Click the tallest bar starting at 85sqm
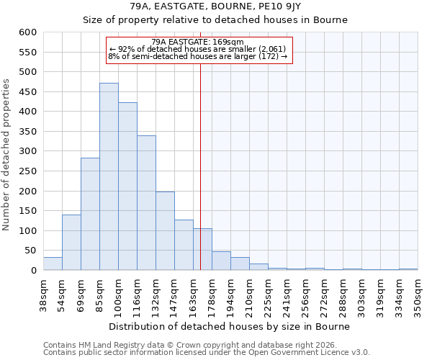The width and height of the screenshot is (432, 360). tap(109, 176)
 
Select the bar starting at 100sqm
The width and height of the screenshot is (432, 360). tap(127, 186)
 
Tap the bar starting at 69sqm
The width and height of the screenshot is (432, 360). tap(90, 214)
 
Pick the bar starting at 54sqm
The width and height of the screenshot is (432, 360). tap(71, 243)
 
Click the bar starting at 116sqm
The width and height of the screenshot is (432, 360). tap(146, 203)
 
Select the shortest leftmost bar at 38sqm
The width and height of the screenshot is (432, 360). tap(53, 264)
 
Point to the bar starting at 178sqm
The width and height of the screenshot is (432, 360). tap(221, 261)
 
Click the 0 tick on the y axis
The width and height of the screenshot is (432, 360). tap(33, 271)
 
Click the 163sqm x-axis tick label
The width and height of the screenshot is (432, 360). tap(193, 296)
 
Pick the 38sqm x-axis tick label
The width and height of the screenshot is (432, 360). tap(43, 296)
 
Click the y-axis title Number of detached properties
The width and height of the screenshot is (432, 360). tap(6, 155)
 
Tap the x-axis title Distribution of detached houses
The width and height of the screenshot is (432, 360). tap(230, 326)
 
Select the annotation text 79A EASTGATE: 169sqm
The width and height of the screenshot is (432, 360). tap(198, 42)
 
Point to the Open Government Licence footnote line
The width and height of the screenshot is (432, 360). tap(207, 352)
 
